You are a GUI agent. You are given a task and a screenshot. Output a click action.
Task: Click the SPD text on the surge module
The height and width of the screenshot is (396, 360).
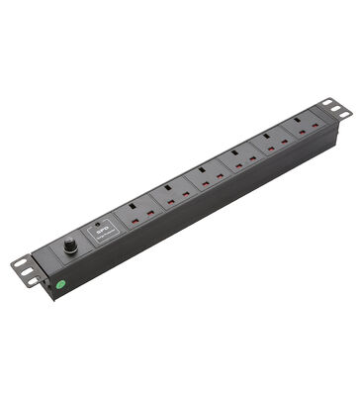pos(101,227)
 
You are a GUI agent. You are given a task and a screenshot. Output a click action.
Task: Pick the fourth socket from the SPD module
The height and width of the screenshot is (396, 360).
pos(237,160)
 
